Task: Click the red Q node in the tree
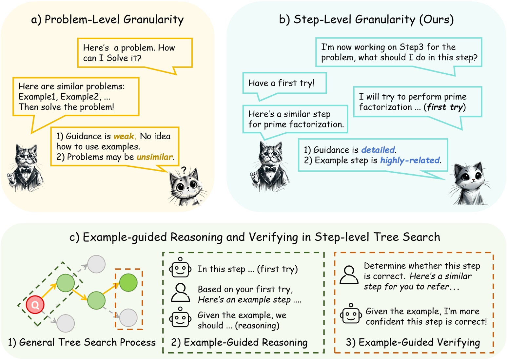pos(35,304)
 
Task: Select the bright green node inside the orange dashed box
pos(128,282)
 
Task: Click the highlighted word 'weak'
pos(124,136)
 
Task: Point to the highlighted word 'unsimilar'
pos(155,157)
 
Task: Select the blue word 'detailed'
pos(378,150)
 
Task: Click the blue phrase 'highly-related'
pos(410,160)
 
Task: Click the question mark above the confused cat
pos(184,170)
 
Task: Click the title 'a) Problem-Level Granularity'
pos(107,20)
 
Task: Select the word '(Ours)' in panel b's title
pos(436,20)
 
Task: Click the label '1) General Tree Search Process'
pos(82,342)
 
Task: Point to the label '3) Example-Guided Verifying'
pos(413,342)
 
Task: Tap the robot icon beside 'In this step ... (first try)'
pos(180,268)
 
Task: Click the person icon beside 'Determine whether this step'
pos(349,275)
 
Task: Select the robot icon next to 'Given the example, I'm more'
pos(351,314)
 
